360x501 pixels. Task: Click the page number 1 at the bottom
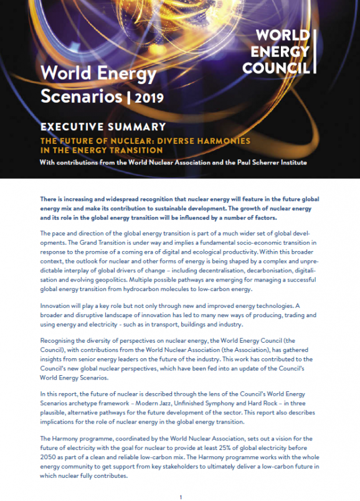coord(180,497)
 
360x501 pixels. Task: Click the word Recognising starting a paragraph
coord(60,341)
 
